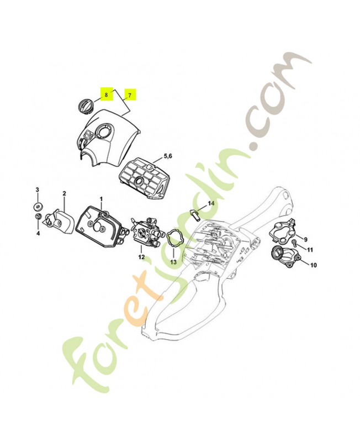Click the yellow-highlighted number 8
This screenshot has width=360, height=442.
point(106,94)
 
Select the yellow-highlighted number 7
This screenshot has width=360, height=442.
point(130,96)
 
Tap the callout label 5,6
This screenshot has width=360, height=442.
point(167,156)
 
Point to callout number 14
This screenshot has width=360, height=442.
point(211,203)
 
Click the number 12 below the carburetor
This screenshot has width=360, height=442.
point(141,257)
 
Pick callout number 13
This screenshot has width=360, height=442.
point(173,262)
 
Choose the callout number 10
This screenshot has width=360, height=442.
point(313,265)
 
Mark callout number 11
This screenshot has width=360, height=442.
point(310,250)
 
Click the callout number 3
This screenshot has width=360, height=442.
point(37,190)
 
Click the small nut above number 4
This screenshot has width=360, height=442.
point(38,217)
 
